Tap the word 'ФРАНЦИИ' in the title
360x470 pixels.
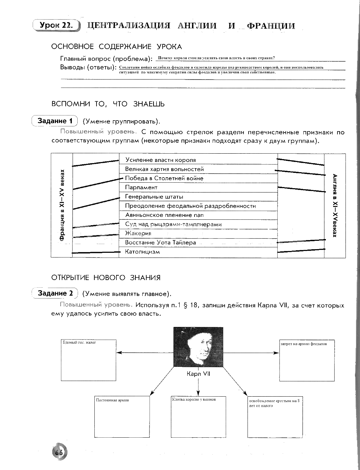pos(271,26)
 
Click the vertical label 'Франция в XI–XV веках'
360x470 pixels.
pos(62,205)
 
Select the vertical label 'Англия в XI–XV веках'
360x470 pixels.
pos(335,205)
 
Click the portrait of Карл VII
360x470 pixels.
pos(198,347)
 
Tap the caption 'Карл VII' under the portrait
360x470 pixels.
pos(198,374)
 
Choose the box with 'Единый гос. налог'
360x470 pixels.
pos(89,360)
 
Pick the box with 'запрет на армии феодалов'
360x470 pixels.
pos(306,360)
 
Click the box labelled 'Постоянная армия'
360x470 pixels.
pos(122,416)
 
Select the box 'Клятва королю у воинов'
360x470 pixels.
pos(198,416)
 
